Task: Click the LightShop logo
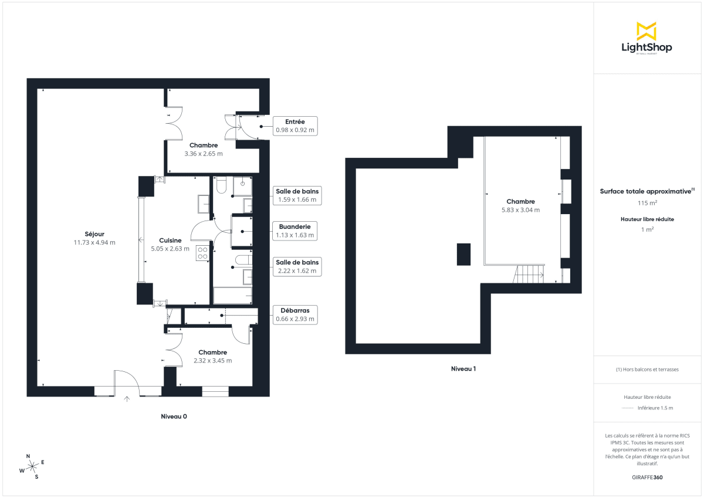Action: tap(647, 39)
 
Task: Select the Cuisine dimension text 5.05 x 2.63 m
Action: tap(170, 249)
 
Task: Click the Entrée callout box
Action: tap(295, 126)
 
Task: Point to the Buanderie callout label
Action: tap(295, 226)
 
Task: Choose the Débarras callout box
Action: tap(295, 315)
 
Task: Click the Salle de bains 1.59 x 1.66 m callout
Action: tap(296, 195)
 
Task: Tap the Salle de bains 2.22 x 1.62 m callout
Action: tap(296, 266)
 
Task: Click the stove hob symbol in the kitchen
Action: tap(202, 253)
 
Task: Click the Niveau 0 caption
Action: tap(174, 416)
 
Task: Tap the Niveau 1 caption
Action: tap(463, 369)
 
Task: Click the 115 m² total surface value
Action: tap(647, 203)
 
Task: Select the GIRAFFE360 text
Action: tap(647, 477)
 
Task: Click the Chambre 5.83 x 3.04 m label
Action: tap(520, 205)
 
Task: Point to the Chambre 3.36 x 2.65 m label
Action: tap(204, 150)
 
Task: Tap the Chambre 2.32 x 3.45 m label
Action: tap(212, 356)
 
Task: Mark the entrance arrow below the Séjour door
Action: tap(127, 399)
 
